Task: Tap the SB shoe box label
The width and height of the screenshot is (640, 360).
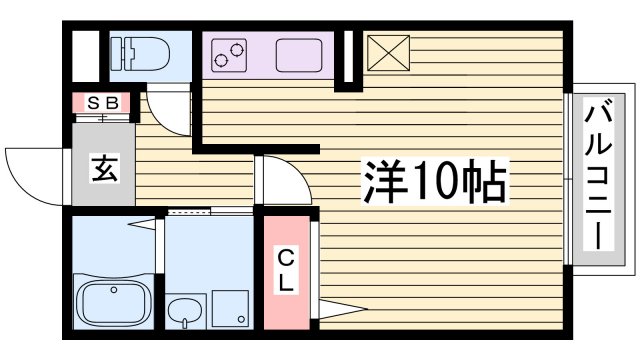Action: (100, 102)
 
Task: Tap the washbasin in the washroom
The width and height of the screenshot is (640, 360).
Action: (184, 312)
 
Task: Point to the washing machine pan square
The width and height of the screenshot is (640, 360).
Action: (230, 309)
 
